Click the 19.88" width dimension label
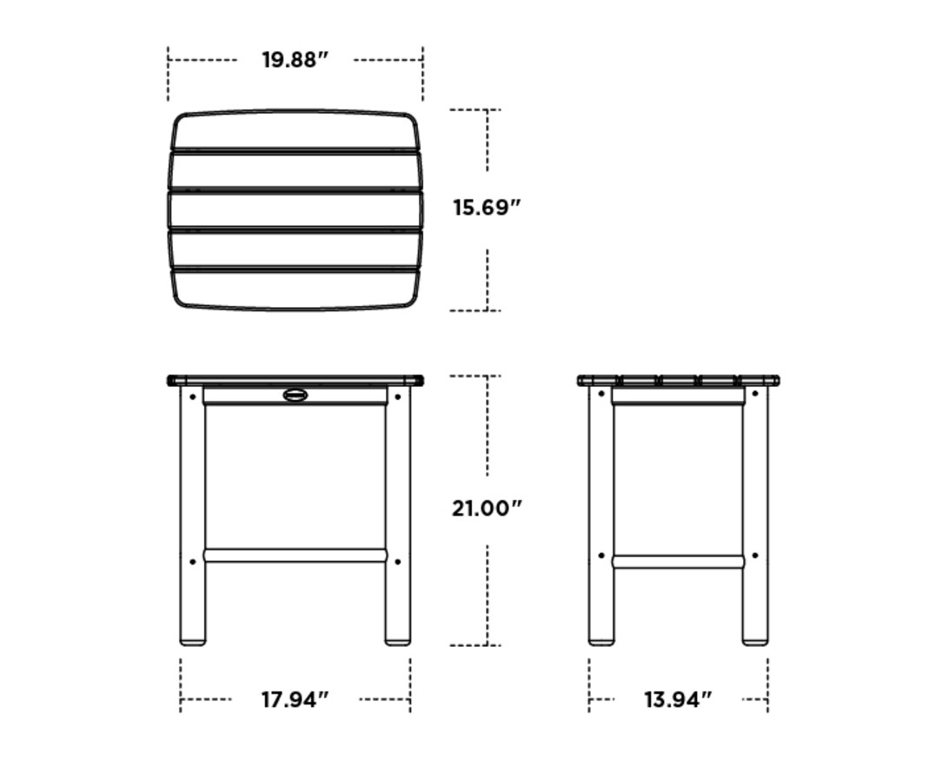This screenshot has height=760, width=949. [295, 60]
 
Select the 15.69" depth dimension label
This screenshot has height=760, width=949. [487, 208]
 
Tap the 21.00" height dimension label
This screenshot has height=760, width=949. [487, 508]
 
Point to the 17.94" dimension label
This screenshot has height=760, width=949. [295, 699]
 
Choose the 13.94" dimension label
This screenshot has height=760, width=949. [678, 699]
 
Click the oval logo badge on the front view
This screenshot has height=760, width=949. [295, 396]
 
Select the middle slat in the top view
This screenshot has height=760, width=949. [295, 210]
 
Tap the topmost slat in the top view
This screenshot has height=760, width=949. [295, 130]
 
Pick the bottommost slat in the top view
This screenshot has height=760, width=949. [295, 289]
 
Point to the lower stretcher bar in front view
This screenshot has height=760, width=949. [295, 555]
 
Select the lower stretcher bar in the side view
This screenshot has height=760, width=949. [678, 562]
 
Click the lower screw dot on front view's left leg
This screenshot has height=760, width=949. [192, 562]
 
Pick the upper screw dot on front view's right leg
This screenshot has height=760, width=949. [398, 396]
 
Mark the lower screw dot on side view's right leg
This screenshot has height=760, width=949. [754, 556]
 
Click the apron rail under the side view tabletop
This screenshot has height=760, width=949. [678, 397]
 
